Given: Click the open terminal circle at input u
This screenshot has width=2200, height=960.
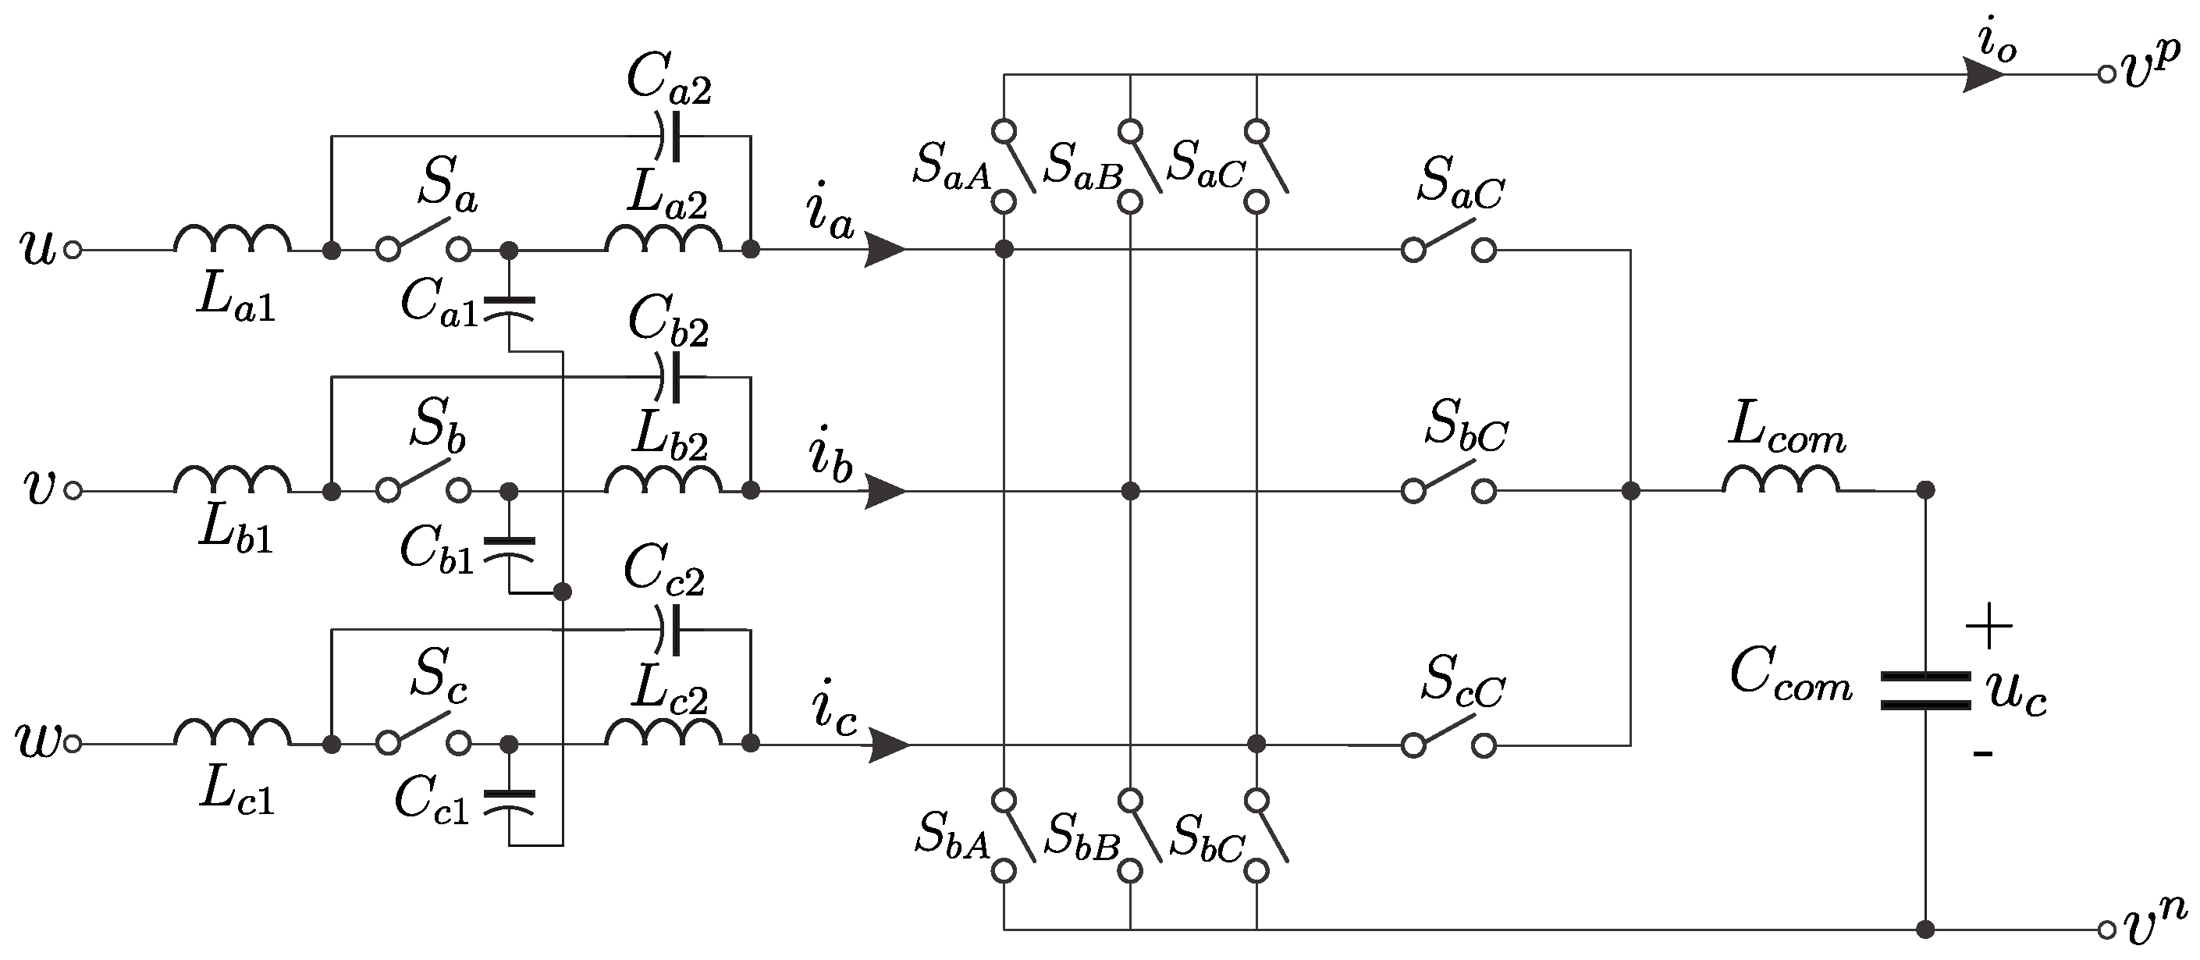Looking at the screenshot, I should tap(73, 251).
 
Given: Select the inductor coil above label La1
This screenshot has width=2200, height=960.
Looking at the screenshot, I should tap(233, 238).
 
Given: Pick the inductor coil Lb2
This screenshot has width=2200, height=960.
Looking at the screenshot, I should tap(663, 480).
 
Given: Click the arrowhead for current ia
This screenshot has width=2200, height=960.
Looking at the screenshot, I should tap(885, 251).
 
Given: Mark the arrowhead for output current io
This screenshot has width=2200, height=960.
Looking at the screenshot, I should tap(1983, 74).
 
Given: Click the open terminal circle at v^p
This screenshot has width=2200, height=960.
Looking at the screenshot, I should tap(2107, 74).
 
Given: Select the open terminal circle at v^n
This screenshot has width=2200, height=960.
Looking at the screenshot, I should tap(2107, 930).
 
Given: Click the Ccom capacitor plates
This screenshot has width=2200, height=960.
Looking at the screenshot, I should tap(1926, 691).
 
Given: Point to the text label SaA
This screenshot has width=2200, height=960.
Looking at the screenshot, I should tap(951, 165).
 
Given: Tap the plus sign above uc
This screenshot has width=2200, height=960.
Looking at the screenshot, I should tap(1989, 626).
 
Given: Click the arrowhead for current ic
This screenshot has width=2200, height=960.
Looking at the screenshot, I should tap(888, 745).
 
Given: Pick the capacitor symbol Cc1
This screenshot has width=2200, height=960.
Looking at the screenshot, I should tap(509, 804).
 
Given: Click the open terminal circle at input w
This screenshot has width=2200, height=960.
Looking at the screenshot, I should tap(73, 744).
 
